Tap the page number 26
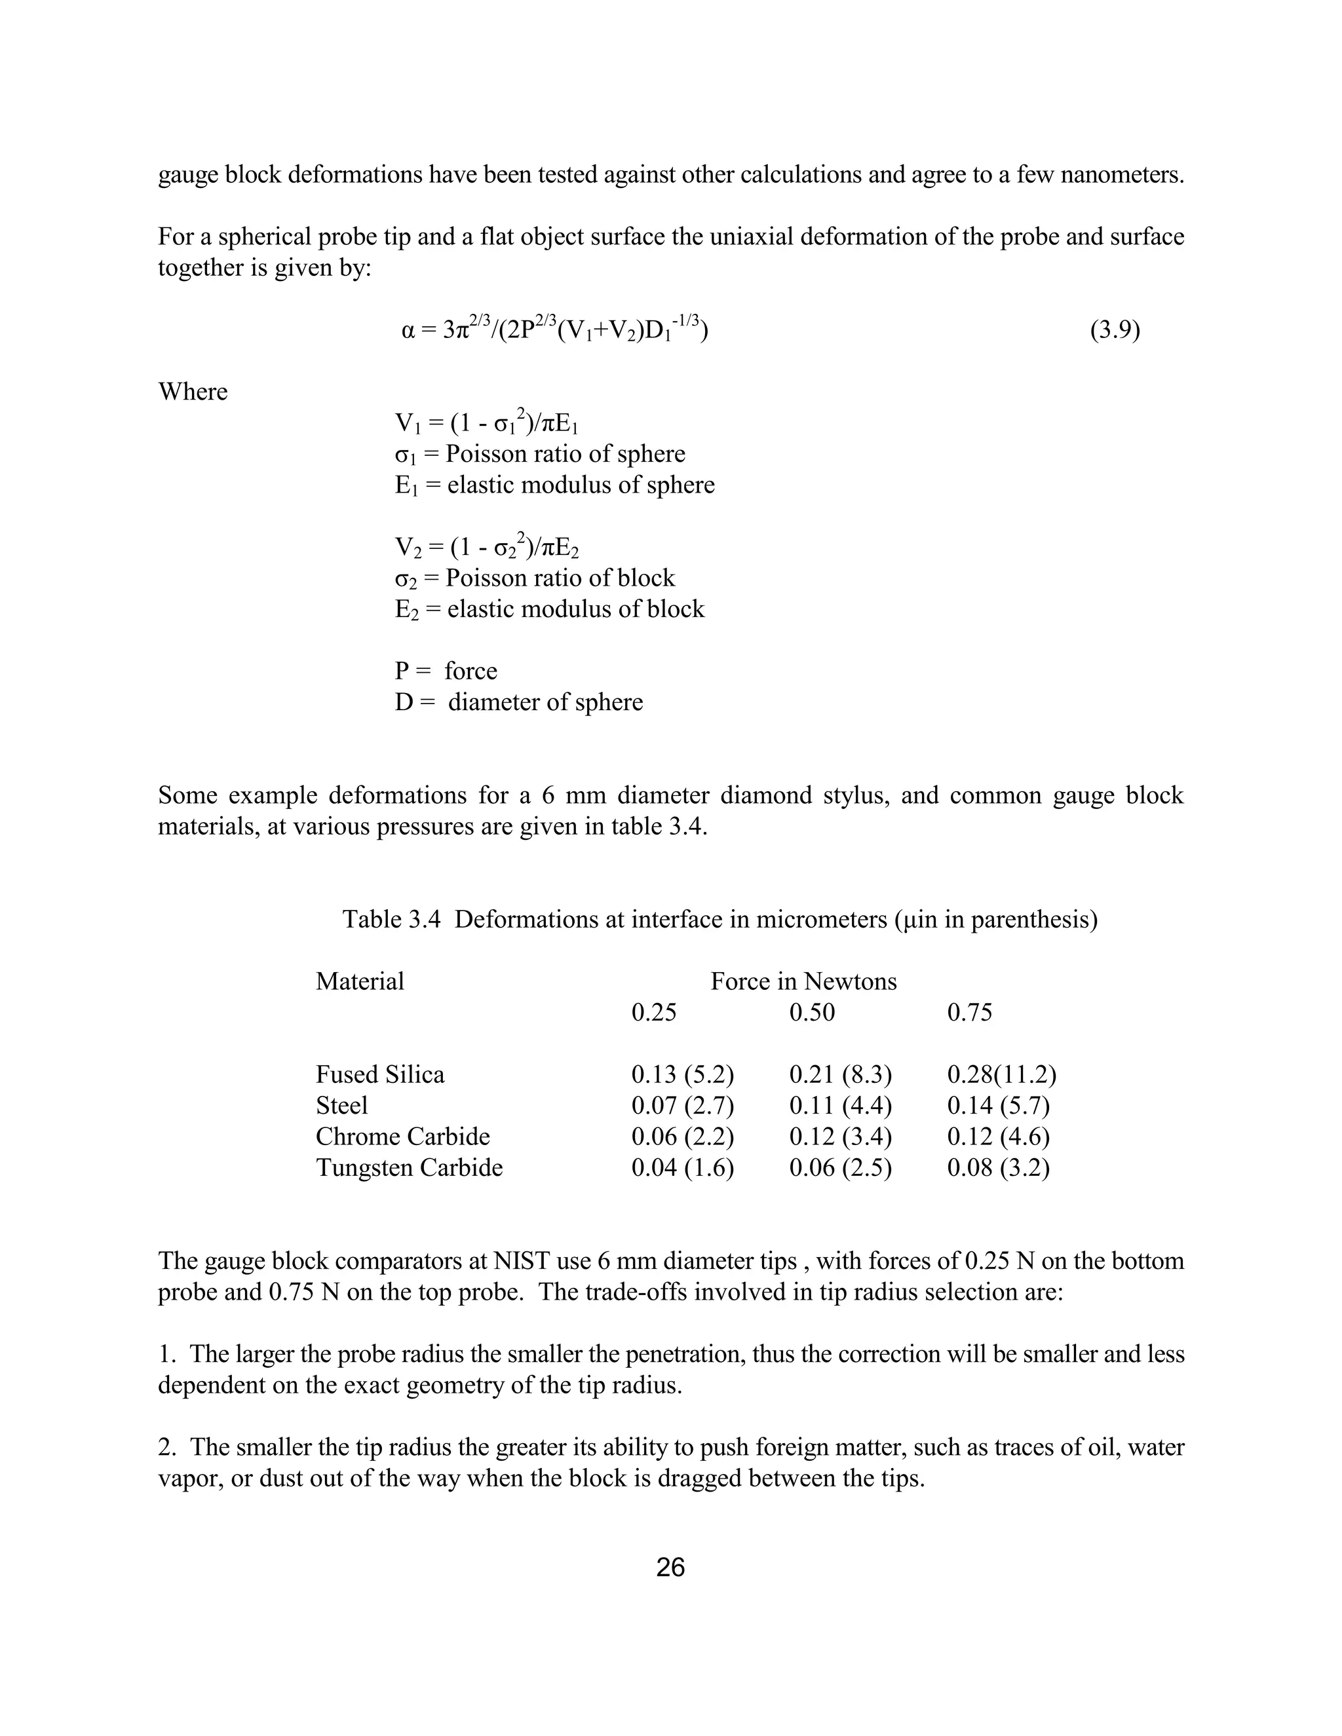pyautogui.click(x=670, y=1568)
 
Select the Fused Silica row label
pyautogui.click(x=380, y=1074)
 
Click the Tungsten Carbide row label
pyautogui.click(x=410, y=1167)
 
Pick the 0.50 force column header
pyautogui.click(x=812, y=1013)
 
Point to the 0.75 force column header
pyautogui.click(x=969, y=1013)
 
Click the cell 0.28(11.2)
pyautogui.click(x=1001, y=1074)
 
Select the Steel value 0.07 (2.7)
pyautogui.click(x=682, y=1106)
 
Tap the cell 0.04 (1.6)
pyautogui.click(x=682, y=1167)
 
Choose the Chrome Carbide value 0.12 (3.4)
pyautogui.click(x=840, y=1137)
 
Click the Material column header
pyautogui.click(x=360, y=982)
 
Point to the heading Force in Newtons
pyautogui.click(x=803, y=982)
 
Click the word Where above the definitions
pyautogui.click(x=193, y=392)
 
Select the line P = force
pyautogui.click(x=446, y=671)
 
